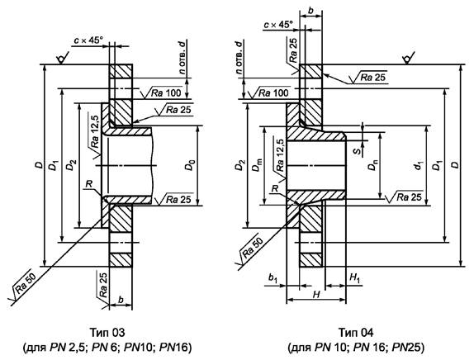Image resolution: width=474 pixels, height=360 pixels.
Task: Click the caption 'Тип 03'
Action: click(107, 333)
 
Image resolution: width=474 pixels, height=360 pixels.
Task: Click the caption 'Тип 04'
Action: click(356, 333)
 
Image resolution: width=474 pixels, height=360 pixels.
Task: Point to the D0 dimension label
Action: click(190, 166)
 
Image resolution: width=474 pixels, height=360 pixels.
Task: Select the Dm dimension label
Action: click(258, 166)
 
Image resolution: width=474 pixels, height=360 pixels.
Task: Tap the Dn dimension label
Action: click(373, 166)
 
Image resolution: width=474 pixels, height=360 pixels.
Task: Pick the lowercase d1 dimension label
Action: click(419, 166)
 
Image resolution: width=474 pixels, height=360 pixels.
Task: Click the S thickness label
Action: click(358, 150)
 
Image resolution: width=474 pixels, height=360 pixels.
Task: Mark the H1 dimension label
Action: click(354, 277)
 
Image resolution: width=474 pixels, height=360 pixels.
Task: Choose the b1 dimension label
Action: click(273, 278)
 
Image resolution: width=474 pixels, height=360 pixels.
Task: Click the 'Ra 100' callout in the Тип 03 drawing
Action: click(166, 92)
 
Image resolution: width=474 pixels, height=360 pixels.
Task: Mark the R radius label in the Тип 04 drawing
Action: click(274, 188)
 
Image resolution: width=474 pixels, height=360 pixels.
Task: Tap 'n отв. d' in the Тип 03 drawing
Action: click(182, 57)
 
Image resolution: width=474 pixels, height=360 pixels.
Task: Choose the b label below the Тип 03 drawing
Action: click(121, 300)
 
